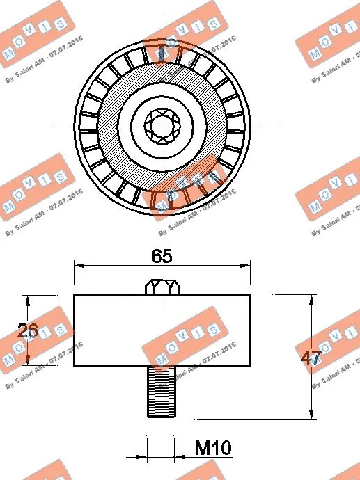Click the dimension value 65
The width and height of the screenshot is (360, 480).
[162, 255]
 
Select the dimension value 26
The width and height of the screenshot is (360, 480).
[28, 331]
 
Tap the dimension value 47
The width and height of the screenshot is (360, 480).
[310, 359]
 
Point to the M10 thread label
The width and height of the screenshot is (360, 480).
[212, 447]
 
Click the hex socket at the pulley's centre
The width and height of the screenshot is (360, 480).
[162, 127]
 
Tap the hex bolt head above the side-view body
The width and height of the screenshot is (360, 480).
[162, 286]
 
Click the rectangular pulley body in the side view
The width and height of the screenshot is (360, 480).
[162, 330]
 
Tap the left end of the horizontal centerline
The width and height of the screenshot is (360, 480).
[53, 127]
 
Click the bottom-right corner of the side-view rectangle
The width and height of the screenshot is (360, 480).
[251, 366]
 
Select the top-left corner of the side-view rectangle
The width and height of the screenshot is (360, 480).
[75, 295]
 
